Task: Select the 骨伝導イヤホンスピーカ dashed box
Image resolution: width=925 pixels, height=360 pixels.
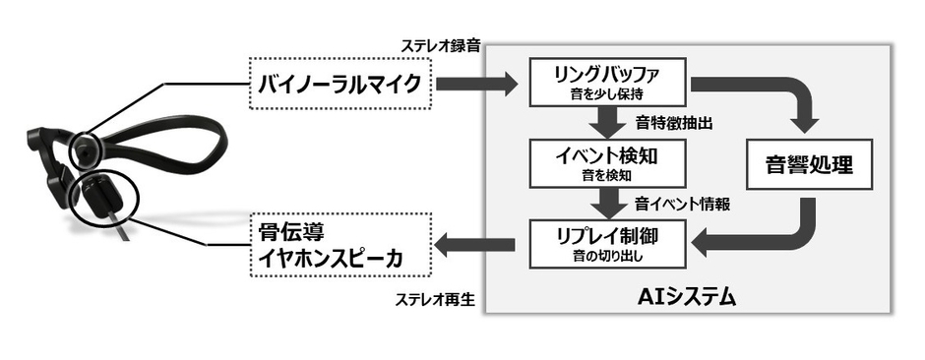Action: (339, 247)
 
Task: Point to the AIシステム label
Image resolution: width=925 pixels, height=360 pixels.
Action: (687, 295)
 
